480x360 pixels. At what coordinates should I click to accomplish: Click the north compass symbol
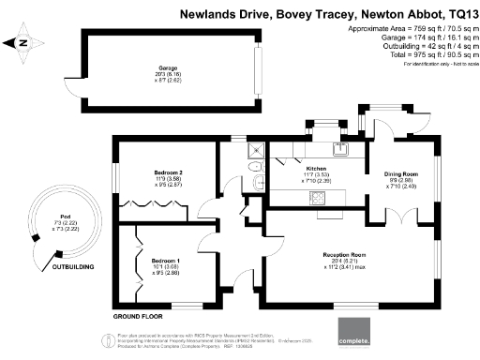(x=22, y=41)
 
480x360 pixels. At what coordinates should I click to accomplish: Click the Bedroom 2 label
(x=168, y=172)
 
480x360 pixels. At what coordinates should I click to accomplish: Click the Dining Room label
(x=401, y=173)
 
